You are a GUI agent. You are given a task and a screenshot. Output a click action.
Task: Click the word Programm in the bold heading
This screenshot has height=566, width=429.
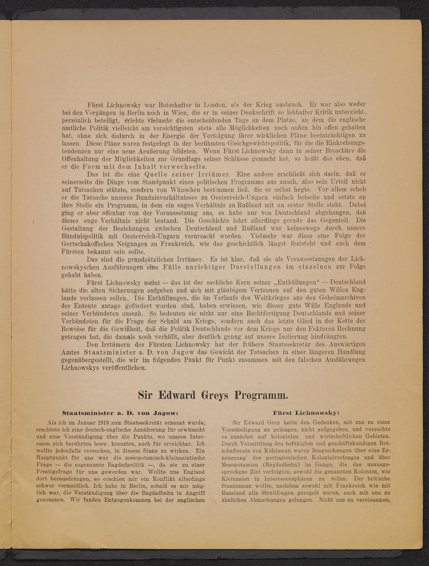(x=253, y=394)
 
